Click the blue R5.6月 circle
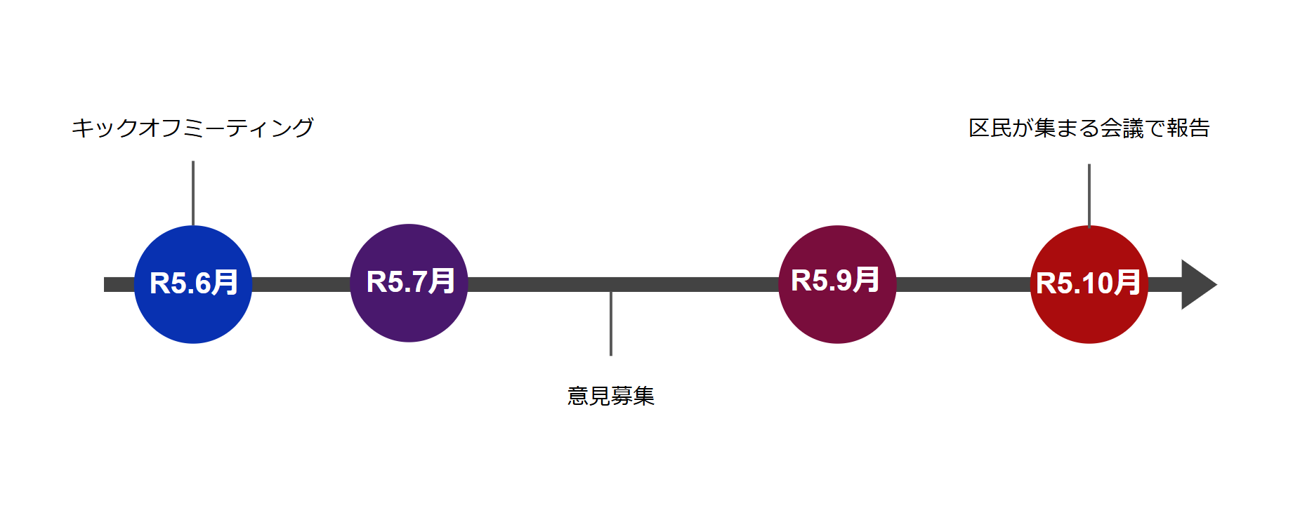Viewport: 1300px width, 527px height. (193, 284)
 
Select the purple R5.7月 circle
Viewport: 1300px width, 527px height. (409, 283)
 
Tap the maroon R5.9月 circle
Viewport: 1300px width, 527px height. (837, 284)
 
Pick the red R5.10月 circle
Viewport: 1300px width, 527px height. (1089, 284)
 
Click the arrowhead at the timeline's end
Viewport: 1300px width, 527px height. (1197, 284)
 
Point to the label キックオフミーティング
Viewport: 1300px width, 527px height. (192, 128)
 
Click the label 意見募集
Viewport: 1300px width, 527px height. (611, 396)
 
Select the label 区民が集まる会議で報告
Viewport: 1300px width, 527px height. (1089, 128)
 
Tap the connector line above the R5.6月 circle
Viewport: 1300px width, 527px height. (193, 194)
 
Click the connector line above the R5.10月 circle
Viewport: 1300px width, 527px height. (1089, 196)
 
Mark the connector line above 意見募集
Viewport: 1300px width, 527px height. (611, 323)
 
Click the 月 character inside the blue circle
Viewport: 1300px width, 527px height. (225, 283)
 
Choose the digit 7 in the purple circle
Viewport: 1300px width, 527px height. (419, 282)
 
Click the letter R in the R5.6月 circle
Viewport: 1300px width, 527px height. (159, 283)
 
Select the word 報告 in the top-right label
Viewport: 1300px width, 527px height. (1188, 128)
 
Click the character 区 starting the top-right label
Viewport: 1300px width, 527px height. (979, 128)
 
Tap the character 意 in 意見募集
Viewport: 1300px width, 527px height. (578, 396)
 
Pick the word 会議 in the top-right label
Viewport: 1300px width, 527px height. (1122, 128)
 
